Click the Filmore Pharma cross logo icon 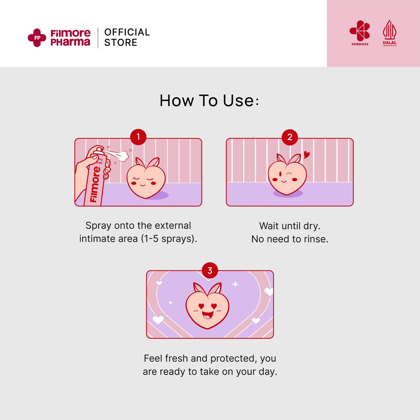pyautogui.click(x=37, y=38)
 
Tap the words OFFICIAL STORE pyautogui.click(x=127, y=37)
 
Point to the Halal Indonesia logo pyautogui.click(x=390, y=33)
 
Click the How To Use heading pyautogui.click(x=209, y=101)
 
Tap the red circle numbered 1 pyautogui.click(x=138, y=137)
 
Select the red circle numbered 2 pyautogui.click(x=290, y=137)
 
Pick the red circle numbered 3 pyautogui.click(x=210, y=270)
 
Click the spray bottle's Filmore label pyautogui.click(x=95, y=185)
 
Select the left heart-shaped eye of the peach pyautogui.click(x=201, y=306)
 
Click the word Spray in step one pyautogui.click(x=99, y=226)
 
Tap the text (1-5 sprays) pyautogui.click(x=169, y=239)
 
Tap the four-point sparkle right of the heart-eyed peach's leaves pyautogui.click(x=235, y=284)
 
